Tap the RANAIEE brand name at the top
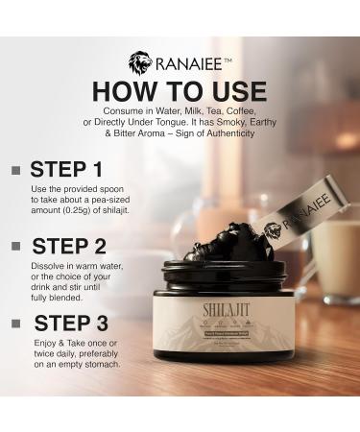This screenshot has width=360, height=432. pos(193,64)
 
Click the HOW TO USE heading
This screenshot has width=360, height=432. pos(180,91)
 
